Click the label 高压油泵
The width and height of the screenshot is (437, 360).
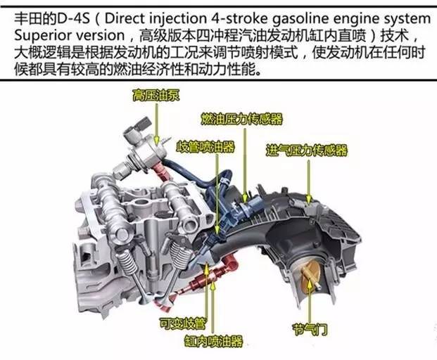pyautogui.click(x=156, y=95)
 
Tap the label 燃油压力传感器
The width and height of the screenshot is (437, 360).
pyautogui.click(x=242, y=119)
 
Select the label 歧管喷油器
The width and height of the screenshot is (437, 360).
pyautogui.click(x=205, y=146)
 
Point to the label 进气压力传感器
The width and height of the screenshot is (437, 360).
pyautogui.click(x=307, y=150)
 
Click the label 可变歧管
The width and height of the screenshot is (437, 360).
pyautogui.click(x=183, y=323)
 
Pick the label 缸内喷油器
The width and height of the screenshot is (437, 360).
pyautogui.click(x=213, y=341)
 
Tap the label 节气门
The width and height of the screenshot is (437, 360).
pyautogui.click(x=310, y=329)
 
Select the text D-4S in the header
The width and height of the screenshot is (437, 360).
pyautogui.click(x=73, y=19)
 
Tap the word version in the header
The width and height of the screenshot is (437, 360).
pyautogui.click(x=97, y=36)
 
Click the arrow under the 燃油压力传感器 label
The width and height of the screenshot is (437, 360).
pyautogui.click(x=245, y=165)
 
